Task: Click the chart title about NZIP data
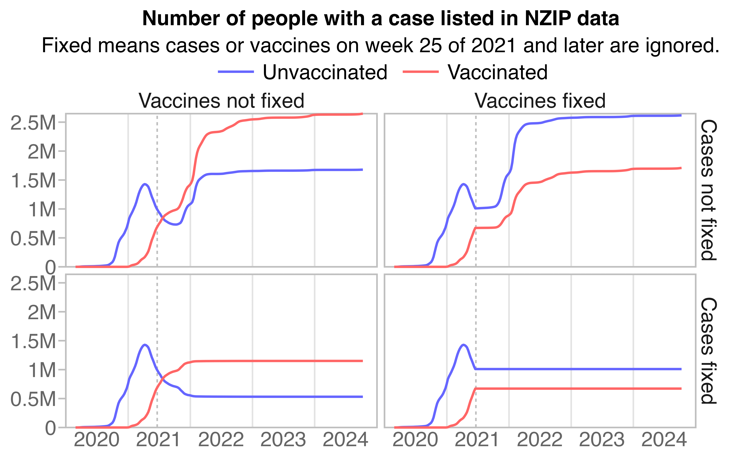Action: [381, 19]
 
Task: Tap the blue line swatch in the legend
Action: [236, 72]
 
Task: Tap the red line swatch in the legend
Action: [421, 72]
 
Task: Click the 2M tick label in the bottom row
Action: [42, 312]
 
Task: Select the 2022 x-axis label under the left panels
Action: [221, 440]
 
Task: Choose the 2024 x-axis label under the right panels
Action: [664, 440]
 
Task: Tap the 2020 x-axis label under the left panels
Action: [96, 440]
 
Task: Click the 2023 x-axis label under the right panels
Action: [602, 440]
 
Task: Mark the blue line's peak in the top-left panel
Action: [145, 184]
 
